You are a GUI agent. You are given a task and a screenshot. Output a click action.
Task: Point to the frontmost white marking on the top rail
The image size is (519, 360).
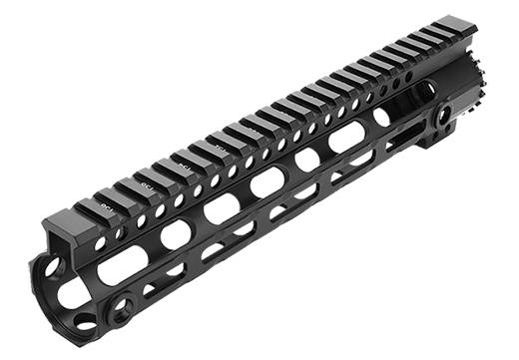[x=107, y=205]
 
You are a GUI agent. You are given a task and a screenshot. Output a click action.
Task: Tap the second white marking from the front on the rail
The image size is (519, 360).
[x=149, y=182]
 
